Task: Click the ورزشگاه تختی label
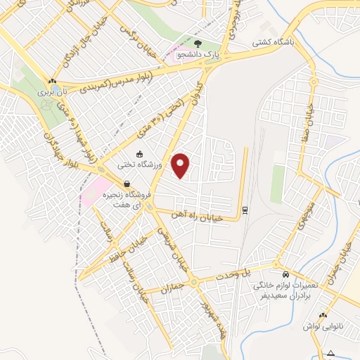tap(139, 164)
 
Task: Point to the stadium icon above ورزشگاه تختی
tap(139, 154)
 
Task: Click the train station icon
tap(244, 210)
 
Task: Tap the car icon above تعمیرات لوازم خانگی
tap(285, 274)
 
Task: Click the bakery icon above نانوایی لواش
tap(322, 316)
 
